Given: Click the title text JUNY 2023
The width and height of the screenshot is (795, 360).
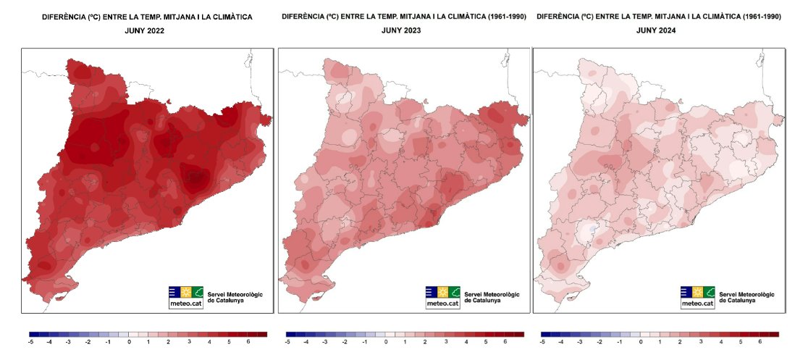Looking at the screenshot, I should [401, 30].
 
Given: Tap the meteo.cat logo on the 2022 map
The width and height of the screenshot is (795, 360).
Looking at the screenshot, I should [186, 297].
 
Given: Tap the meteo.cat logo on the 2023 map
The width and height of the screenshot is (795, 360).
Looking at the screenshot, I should [442, 297].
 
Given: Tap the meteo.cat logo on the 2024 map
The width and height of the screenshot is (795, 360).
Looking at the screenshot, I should [697, 297].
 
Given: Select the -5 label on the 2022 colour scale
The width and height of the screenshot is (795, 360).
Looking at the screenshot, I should [30, 340].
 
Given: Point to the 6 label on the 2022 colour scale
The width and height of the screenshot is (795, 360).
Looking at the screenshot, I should [248, 340].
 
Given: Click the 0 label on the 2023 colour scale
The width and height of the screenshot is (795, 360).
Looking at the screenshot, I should [386, 340].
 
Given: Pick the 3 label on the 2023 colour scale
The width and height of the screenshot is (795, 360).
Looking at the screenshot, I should [445, 340].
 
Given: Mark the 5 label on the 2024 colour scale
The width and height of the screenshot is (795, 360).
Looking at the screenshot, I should [739, 340].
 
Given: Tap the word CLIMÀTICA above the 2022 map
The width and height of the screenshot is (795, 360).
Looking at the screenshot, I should [231, 16].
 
